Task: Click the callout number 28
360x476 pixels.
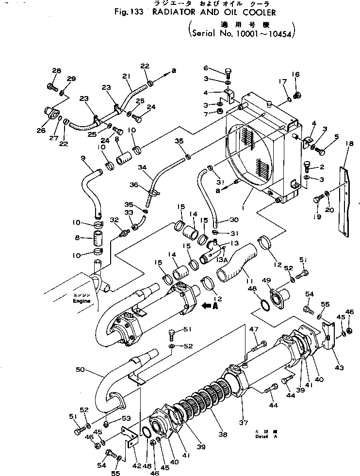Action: [x=56, y=71]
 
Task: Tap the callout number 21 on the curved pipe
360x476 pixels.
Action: [x=127, y=76]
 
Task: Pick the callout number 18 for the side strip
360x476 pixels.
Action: [x=348, y=144]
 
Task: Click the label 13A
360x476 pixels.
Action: [x=222, y=260]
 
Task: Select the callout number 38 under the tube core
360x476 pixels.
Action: [x=222, y=435]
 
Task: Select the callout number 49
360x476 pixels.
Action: [x=266, y=280]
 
